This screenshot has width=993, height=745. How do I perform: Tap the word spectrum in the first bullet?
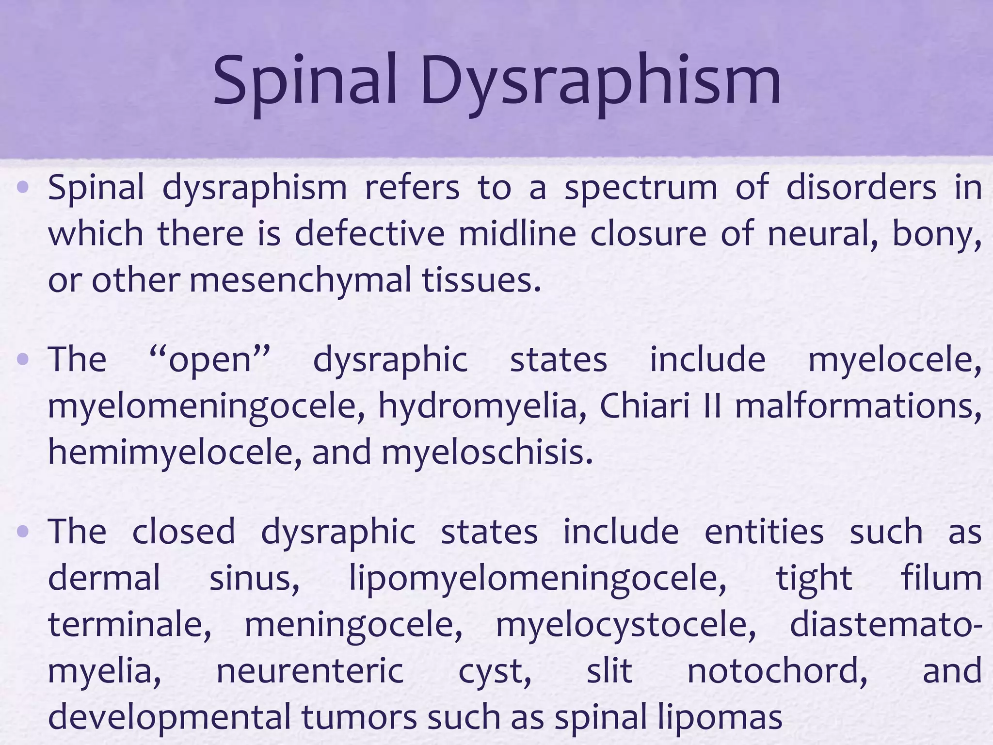point(641,188)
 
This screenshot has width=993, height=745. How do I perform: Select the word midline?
point(517,233)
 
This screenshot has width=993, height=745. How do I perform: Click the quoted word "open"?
point(209,360)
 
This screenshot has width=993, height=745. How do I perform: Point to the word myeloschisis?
point(487,452)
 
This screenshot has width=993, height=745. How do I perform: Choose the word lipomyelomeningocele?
point(537,579)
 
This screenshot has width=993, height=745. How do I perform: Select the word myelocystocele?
point(625,625)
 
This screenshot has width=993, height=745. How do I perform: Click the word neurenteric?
point(310,671)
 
